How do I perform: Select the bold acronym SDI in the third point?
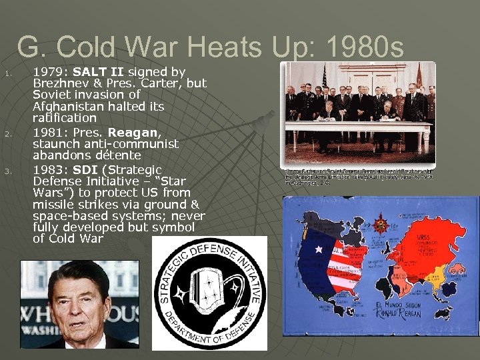[x=85, y=169]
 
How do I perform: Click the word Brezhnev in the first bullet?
[x=59, y=83]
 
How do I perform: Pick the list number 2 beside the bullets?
[x=7, y=133]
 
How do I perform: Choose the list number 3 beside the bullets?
[x=7, y=170]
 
